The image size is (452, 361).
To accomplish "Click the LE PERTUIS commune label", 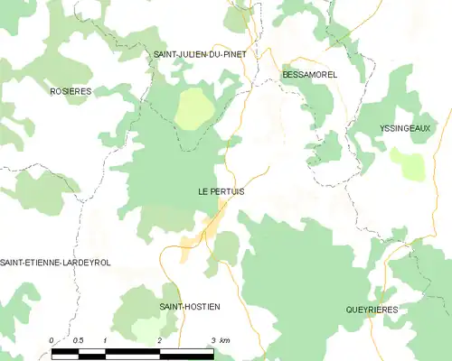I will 221,192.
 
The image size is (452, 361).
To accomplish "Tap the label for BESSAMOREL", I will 309,74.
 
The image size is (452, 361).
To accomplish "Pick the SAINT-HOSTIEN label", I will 190,307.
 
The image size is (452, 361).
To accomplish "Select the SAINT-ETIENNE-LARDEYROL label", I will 55,263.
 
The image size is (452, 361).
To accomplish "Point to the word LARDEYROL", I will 86,263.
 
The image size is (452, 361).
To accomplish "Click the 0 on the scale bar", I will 52,339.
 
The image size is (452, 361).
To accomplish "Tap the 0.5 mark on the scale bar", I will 79,339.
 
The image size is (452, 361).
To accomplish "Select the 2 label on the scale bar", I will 159,339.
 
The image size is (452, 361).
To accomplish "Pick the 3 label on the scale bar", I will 212,339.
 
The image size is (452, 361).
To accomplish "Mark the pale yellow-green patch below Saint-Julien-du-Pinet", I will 193,108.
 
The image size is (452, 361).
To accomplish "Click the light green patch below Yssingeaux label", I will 409,164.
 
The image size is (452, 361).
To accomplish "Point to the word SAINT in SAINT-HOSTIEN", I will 173,307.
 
